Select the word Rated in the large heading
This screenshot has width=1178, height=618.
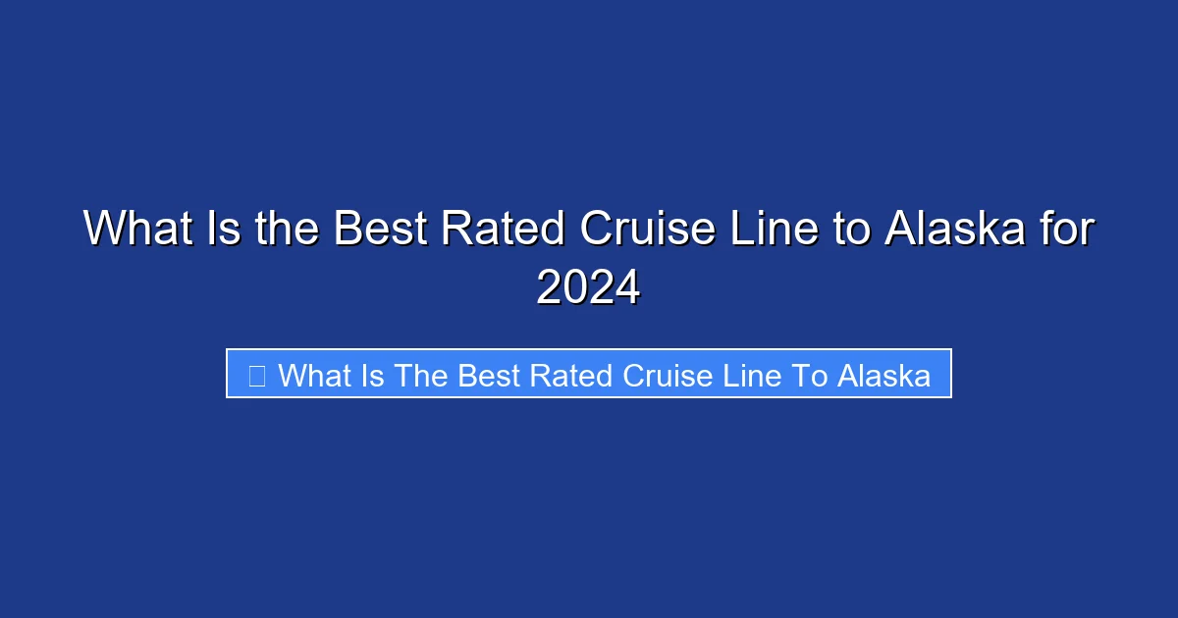click(x=502, y=230)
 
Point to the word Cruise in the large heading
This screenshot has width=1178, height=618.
click(x=648, y=230)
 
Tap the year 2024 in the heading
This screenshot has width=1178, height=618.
click(x=588, y=287)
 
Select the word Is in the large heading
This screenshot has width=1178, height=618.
click(x=222, y=230)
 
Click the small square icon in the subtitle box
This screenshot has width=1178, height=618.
click(x=257, y=375)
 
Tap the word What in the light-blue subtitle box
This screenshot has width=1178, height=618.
click(x=314, y=375)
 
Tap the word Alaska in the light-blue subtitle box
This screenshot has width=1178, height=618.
click(x=883, y=375)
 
